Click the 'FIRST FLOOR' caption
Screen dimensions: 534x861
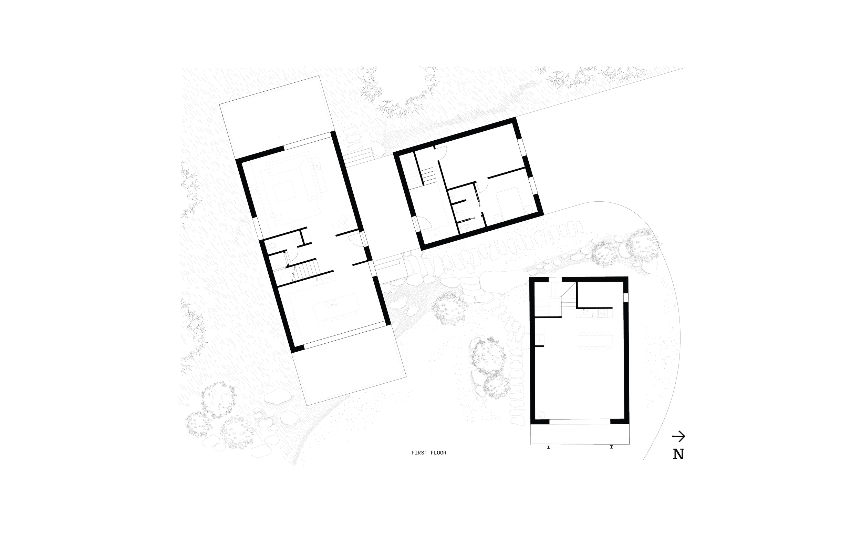(428, 453)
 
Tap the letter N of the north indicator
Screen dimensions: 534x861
(678, 454)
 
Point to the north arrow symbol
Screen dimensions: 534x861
(678, 436)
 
